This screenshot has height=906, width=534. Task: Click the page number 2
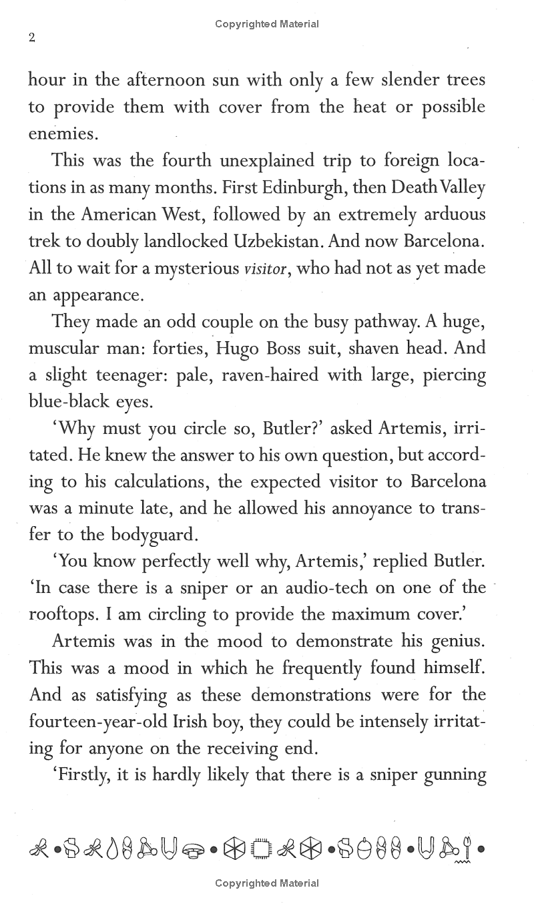click(x=32, y=38)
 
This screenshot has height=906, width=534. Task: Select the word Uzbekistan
click(x=272, y=241)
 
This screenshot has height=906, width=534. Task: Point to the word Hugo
click(x=254, y=348)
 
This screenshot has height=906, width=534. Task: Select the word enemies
click(x=63, y=134)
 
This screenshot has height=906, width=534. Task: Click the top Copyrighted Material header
click(x=267, y=24)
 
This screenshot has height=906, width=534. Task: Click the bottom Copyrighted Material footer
click(x=267, y=883)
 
